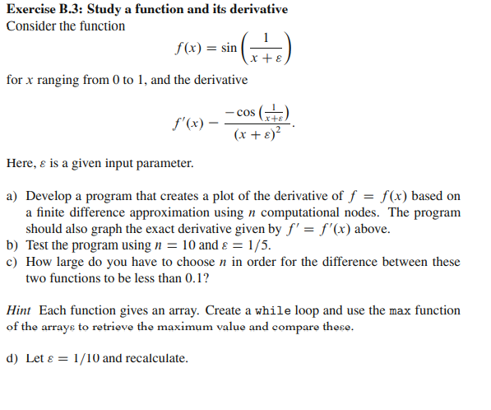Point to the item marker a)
tap(12, 196)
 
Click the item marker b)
tap(12, 245)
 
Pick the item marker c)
tap(12, 261)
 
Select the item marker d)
tap(12, 358)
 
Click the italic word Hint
tap(20, 310)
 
